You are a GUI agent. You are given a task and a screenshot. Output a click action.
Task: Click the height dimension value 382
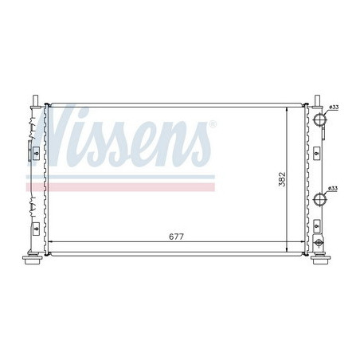[x=281, y=180]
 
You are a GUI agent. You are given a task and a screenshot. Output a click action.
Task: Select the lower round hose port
[x=322, y=200]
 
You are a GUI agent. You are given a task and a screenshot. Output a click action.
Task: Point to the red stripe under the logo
[x=119, y=187]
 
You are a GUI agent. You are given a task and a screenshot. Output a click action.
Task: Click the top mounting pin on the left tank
[x=35, y=99]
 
